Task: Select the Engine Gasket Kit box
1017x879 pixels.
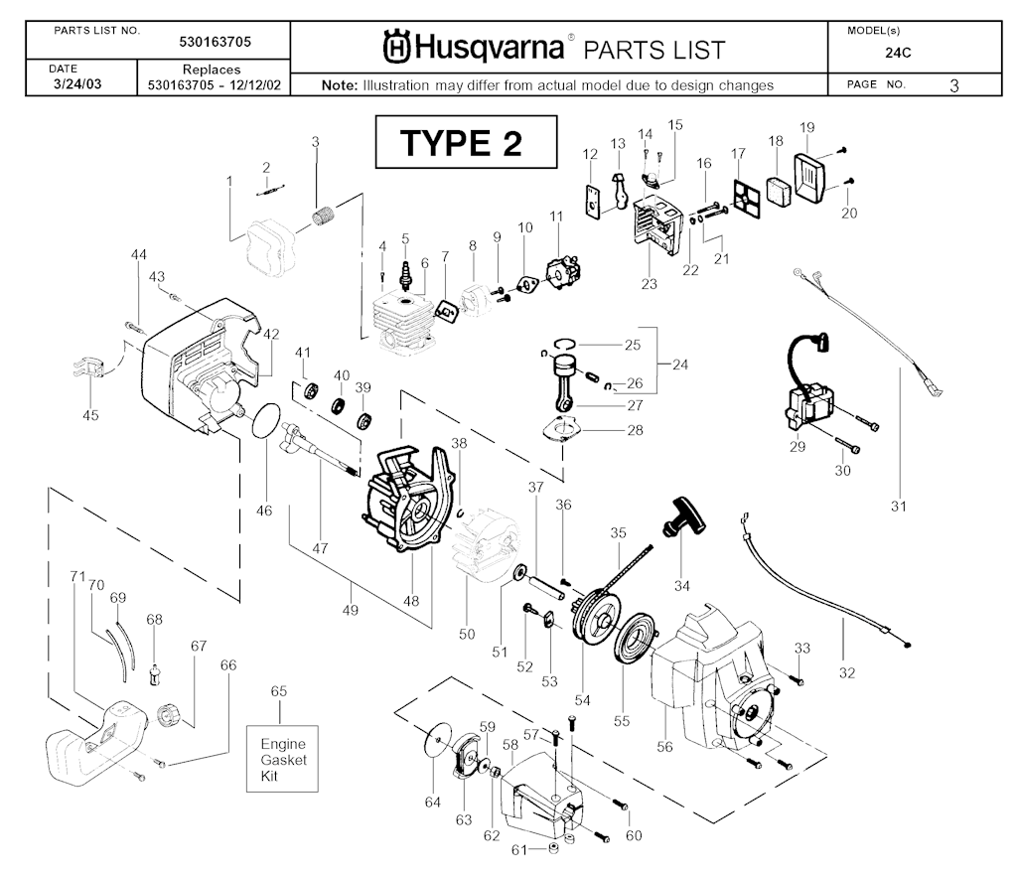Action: point(283,759)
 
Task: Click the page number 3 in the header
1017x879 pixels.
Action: point(953,85)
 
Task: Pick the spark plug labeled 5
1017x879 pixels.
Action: point(405,271)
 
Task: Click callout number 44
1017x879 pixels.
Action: point(139,255)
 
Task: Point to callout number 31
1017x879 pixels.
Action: point(899,507)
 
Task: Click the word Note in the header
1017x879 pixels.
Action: point(340,85)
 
